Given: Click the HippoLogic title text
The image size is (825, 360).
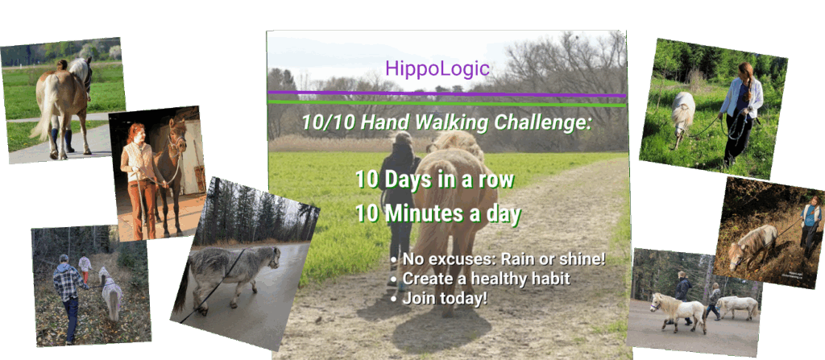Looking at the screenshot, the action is tap(437, 68).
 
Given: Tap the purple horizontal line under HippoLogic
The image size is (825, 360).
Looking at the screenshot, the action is tap(447, 94).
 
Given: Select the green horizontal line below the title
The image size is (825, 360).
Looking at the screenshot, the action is tap(447, 102).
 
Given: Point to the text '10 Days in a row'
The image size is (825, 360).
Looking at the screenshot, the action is tap(434, 180).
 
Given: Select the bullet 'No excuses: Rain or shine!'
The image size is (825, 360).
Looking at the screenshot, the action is tap(499, 259).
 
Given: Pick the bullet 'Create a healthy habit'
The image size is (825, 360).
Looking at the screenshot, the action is tap(481, 279).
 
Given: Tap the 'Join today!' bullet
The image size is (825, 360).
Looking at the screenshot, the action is tap(440, 299).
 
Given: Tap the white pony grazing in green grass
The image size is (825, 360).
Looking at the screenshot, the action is tap(683, 117).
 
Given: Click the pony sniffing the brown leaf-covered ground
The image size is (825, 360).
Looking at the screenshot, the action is tap(752, 244).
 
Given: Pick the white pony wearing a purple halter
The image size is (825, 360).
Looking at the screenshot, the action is tap(678, 312).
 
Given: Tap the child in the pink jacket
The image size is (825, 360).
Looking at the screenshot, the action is tap(85, 268).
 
